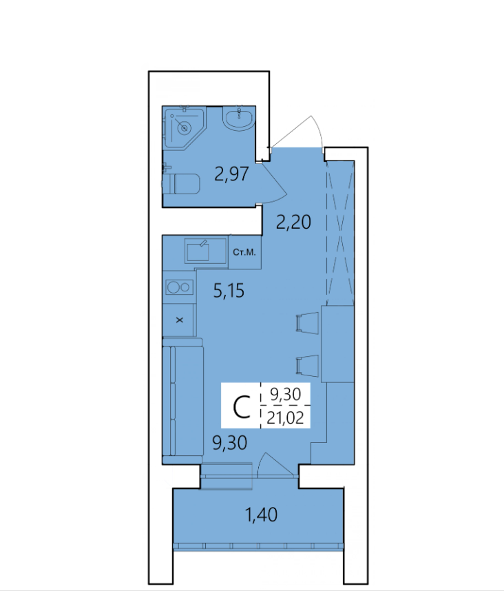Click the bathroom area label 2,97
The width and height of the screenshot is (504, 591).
coord(231,174)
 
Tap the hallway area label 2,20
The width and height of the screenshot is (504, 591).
coord(293,222)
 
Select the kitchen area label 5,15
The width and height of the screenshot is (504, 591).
coord(229,291)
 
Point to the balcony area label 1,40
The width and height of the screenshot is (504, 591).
coord(262,515)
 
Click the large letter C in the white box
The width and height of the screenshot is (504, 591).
coord(242,406)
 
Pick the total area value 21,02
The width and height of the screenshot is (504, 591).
coord(285,417)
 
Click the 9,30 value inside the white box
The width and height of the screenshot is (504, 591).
coord(286,394)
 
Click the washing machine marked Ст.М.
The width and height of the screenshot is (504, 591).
coord(244,253)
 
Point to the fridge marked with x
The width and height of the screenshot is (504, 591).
coord(179,320)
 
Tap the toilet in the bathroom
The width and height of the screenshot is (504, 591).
coord(182,183)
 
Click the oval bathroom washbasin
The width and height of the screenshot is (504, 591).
coord(238,118)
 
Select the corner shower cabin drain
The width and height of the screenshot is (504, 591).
coord(185,128)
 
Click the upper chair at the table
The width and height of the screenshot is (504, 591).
coord(308,323)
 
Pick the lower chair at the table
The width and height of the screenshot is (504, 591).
coord(308,366)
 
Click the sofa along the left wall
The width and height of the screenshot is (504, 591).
coord(182,401)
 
